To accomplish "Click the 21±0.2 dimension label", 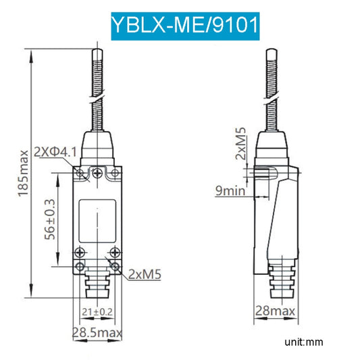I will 97,311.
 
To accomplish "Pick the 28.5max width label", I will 97,332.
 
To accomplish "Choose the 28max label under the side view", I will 274,311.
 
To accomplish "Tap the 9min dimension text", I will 230,191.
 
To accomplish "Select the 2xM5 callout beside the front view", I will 144,275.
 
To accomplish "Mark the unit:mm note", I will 304,342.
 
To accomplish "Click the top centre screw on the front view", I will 99,174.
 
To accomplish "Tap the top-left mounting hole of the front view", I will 81,175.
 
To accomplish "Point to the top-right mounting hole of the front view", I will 115,175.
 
